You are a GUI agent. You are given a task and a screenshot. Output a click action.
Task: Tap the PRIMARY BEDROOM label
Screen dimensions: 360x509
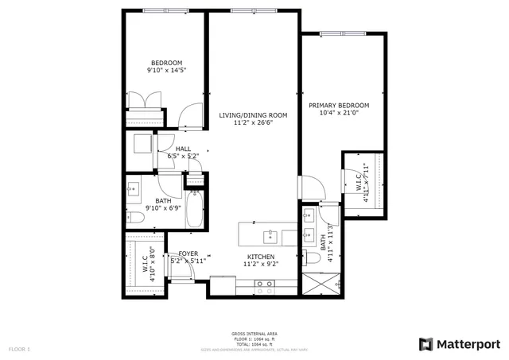[339, 106]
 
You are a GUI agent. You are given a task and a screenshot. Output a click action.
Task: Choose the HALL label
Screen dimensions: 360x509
[183, 149]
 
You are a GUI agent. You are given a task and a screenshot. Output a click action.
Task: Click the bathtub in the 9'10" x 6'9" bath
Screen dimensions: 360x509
[193, 211]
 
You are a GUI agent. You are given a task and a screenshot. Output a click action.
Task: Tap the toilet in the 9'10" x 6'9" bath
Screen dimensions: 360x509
[134, 217]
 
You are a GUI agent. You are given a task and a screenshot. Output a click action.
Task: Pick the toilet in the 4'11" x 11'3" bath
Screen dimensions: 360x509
[306, 256]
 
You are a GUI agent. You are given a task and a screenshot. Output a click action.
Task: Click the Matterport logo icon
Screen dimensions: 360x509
[425, 343]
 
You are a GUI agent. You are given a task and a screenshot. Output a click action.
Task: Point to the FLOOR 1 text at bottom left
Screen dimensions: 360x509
[18, 349]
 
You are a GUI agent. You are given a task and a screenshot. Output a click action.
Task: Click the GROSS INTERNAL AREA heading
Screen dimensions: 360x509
[254, 333]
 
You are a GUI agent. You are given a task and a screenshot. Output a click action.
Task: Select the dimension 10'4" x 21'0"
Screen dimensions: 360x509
[339, 114]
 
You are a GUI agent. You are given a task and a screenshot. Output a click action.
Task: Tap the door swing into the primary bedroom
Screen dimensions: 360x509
[313, 187]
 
